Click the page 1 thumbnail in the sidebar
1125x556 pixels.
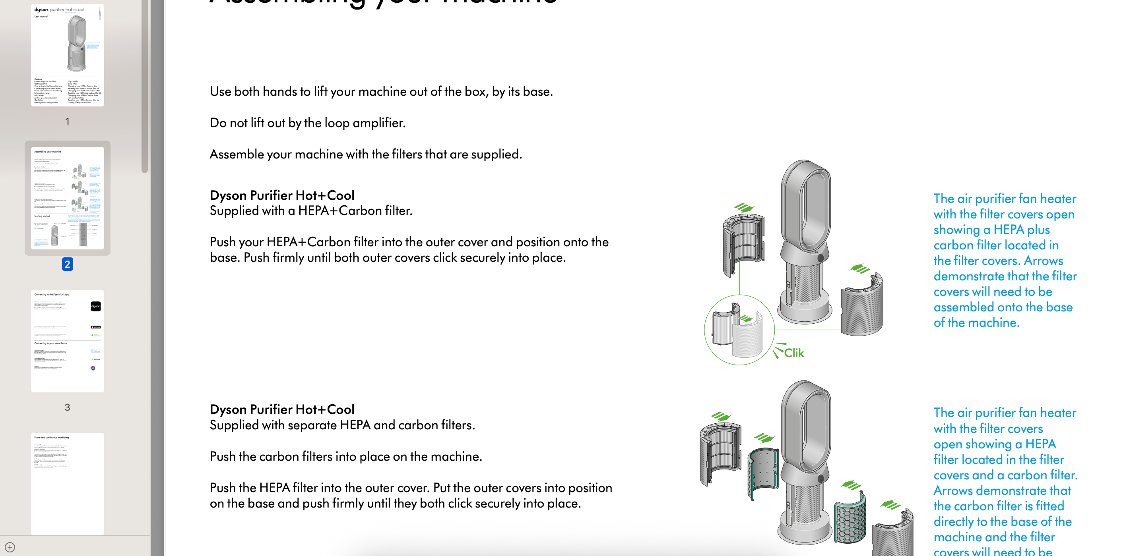67,56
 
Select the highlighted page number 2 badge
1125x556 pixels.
67,264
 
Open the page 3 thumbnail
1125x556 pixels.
67,341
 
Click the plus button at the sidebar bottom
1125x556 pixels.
10,547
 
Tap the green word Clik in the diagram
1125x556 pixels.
793,353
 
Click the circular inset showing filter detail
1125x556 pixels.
739,330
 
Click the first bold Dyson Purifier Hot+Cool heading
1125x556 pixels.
282,195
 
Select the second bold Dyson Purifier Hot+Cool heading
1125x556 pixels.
282,409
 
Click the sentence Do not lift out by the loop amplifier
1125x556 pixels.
307,123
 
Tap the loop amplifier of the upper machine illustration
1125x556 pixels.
805,205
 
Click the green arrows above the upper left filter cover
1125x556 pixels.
744,207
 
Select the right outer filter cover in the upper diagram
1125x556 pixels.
862,305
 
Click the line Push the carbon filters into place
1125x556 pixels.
345,456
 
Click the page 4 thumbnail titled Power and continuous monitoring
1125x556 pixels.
67,484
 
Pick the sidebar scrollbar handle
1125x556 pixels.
145,87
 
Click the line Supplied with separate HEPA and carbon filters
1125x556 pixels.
342,425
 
